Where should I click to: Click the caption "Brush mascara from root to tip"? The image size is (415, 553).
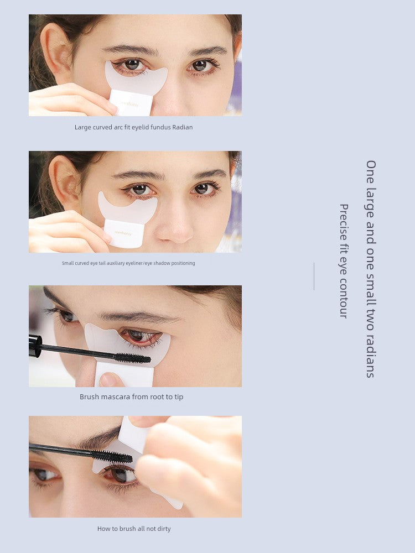pyautogui.click(x=131, y=397)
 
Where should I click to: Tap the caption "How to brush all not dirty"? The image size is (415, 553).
pyautogui.click(x=134, y=529)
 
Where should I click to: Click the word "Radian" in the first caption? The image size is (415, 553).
pyautogui.click(x=183, y=127)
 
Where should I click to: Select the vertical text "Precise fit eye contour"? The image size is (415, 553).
pyautogui.click(x=344, y=261)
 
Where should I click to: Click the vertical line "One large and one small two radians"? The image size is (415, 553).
pyautogui.click(x=371, y=269)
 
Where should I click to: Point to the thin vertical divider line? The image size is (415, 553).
pyautogui.click(x=314, y=276)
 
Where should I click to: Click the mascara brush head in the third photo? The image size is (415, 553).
pyautogui.click(x=132, y=358)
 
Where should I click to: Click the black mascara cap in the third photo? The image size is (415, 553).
pyautogui.click(x=35, y=346)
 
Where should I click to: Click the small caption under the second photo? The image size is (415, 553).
pyautogui.click(x=128, y=263)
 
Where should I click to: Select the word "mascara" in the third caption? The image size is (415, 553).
pyautogui.click(x=115, y=397)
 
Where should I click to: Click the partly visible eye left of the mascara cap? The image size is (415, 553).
pyautogui.click(x=66, y=316)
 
